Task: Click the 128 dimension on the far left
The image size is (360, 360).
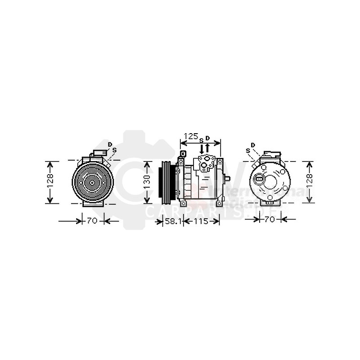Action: (51, 182)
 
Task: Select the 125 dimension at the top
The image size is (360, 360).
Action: (192, 136)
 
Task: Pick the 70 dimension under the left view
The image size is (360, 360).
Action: (93, 221)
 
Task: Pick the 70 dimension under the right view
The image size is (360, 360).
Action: (270, 219)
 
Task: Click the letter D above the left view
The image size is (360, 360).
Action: (110, 144)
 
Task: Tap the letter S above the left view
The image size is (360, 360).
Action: (114, 150)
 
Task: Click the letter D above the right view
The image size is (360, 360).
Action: (252, 144)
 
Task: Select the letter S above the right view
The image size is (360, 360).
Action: (248, 150)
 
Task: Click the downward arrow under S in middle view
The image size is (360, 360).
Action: (201, 148)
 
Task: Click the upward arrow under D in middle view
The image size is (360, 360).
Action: (207, 148)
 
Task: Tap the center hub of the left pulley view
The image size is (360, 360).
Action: (92, 182)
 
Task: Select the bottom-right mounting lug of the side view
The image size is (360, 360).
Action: (217, 204)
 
